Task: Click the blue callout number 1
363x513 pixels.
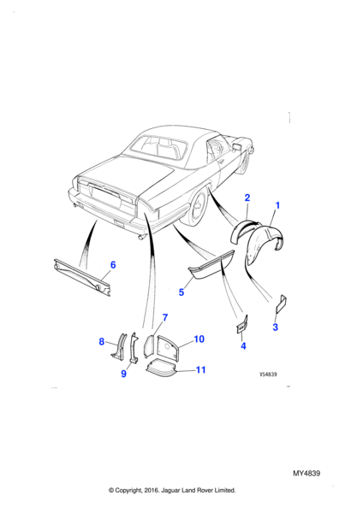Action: [277, 205]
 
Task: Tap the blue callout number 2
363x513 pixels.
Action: [247, 198]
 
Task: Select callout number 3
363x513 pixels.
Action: [275, 327]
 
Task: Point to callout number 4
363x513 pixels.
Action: [243, 345]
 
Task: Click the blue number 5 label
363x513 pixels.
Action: [181, 292]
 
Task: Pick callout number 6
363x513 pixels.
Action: [113, 265]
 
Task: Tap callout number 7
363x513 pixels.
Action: [165, 317]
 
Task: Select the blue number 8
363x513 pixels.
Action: [102, 342]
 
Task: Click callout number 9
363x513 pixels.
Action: [123, 374]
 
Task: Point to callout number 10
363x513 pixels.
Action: [199, 339]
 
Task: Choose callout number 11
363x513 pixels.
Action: [200, 369]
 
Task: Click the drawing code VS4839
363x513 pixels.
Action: [268, 374]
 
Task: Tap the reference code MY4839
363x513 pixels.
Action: [306, 474]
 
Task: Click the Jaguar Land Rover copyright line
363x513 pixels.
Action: [172, 490]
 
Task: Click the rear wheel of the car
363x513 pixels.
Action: [197, 207]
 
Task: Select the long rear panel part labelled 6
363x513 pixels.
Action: [82, 277]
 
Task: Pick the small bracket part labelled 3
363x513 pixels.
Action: [282, 304]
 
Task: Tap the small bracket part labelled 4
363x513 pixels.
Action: [242, 324]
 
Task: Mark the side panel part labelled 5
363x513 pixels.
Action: [210, 270]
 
